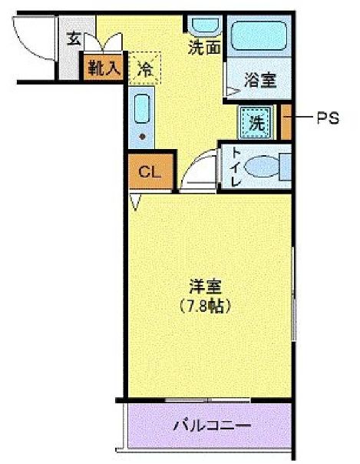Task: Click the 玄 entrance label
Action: click(74, 38)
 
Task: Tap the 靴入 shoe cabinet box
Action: click(103, 67)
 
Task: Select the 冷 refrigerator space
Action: click(144, 67)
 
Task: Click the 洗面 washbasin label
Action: click(205, 48)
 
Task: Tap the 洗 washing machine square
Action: click(255, 121)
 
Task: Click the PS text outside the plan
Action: click(327, 119)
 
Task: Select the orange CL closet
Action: click(150, 172)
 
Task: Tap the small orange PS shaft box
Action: click(286, 121)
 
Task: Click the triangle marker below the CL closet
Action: click(136, 202)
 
